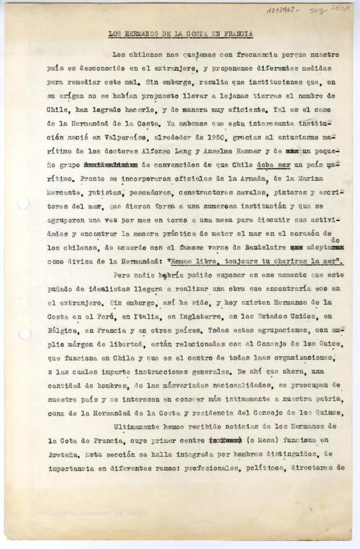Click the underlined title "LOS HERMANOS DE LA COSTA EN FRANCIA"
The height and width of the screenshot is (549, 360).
[x=181, y=34]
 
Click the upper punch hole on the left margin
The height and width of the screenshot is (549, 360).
[x=23, y=204]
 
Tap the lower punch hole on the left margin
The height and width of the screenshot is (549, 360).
[x=25, y=334]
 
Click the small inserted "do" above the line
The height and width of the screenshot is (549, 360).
[x=334, y=240]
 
